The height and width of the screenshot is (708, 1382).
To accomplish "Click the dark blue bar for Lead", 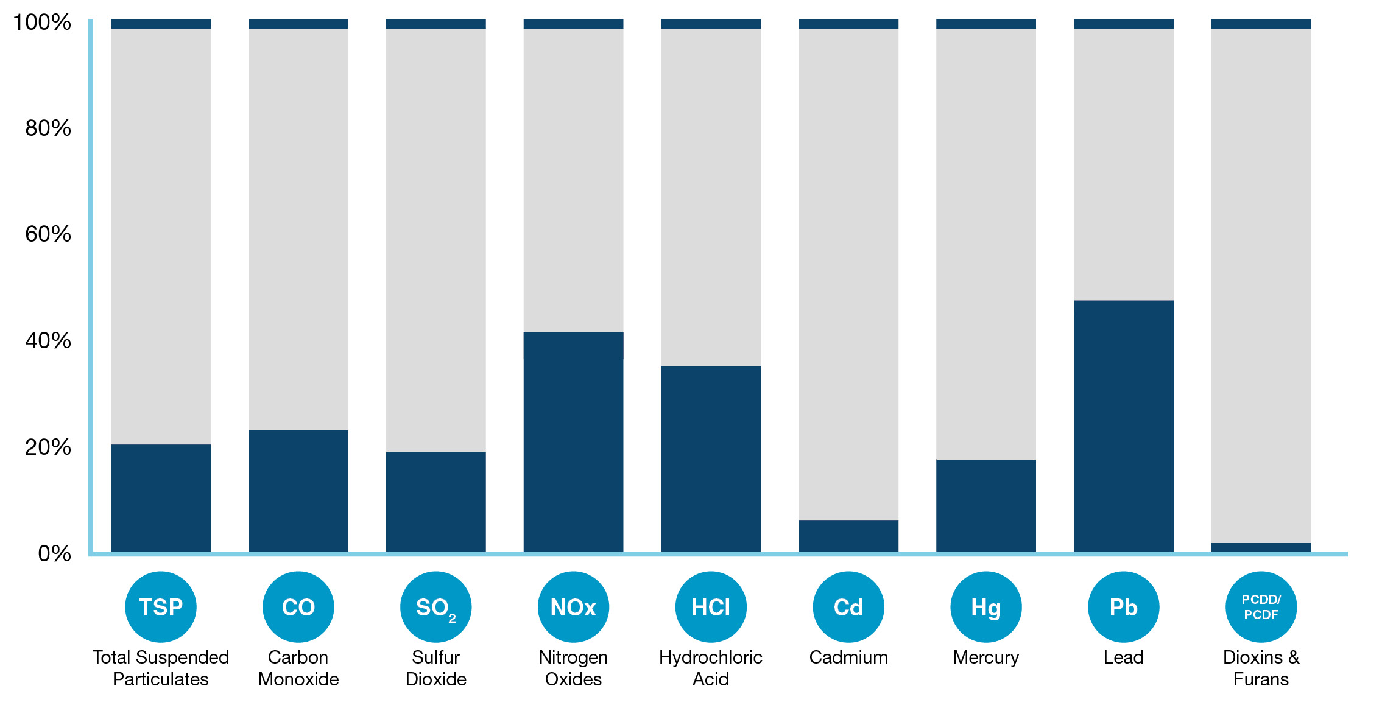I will [x=1123, y=426].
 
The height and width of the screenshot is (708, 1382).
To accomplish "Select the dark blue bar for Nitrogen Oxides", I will [x=573, y=442].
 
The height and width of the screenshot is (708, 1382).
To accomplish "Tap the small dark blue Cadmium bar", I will [x=848, y=536].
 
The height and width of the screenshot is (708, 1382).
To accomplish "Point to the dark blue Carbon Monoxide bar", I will [x=298, y=491].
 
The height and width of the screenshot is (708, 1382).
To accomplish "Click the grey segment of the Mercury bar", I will [x=985, y=244].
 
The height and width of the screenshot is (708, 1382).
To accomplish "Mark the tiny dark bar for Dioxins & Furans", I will [x=1261, y=547].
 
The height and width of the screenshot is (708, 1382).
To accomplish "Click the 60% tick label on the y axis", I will [x=48, y=234].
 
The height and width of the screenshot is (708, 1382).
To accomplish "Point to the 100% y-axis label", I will [x=41, y=23].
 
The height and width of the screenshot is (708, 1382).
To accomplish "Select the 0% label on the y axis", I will [x=54, y=553].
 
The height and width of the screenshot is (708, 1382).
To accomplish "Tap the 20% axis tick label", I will [x=48, y=447].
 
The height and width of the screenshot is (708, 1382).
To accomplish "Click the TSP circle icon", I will [x=160, y=607].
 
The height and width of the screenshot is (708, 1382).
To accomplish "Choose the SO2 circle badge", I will [x=435, y=607].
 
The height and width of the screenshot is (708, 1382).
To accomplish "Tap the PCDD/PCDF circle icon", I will [x=1261, y=607].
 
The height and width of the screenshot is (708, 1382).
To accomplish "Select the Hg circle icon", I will [x=985, y=607].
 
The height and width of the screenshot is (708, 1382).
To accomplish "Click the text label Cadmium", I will [x=848, y=657].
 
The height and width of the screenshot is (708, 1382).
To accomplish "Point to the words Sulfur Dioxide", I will [x=435, y=668].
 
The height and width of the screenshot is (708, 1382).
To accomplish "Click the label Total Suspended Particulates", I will [x=160, y=668].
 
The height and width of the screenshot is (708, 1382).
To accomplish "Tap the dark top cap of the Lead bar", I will [x=1123, y=24].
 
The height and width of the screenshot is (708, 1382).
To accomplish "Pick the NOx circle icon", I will [x=573, y=607].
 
